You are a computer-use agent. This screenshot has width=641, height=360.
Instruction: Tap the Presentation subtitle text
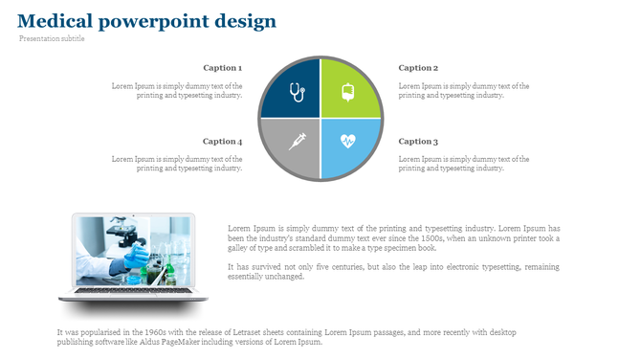pyautogui.click(x=52, y=39)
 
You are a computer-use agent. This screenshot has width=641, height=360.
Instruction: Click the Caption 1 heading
pyautogui.click(x=222, y=68)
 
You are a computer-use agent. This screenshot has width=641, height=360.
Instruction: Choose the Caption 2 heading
pyautogui.click(x=418, y=68)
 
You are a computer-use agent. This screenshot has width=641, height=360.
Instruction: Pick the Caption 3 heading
pyautogui.click(x=418, y=141)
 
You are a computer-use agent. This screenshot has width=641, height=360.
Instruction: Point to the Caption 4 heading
pyautogui.click(x=222, y=141)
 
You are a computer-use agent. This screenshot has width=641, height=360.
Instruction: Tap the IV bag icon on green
pyautogui.click(x=347, y=93)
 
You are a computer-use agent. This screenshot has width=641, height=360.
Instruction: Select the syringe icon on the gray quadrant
pyautogui.click(x=297, y=141)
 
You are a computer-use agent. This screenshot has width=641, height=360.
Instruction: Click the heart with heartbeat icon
pyautogui.click(x=347, y=142)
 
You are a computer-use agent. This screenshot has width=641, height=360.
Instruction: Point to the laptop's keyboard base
pyautogui.click(x=133, y=294)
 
